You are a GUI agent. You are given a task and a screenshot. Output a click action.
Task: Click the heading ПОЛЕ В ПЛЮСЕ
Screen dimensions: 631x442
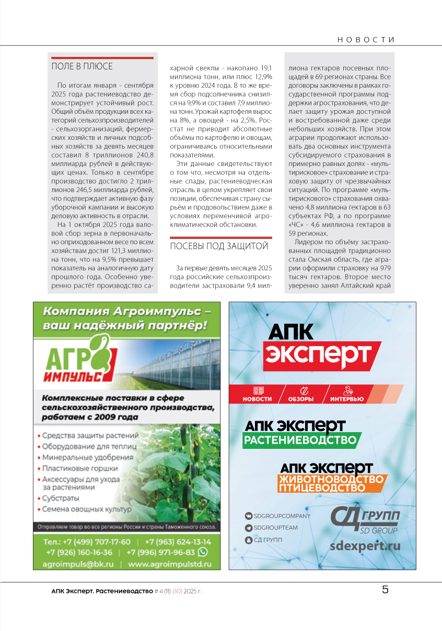tap(82, 66)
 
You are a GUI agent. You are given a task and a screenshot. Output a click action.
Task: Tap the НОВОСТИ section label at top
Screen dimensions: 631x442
tap(365, 40)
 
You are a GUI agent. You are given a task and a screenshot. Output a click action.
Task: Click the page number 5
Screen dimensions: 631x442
tap(385, 590)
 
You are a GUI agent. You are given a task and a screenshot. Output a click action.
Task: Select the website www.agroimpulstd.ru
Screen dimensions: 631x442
tap(170, 564)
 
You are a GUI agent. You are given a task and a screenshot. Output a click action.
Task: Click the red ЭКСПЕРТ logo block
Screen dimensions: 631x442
tap(318, 355)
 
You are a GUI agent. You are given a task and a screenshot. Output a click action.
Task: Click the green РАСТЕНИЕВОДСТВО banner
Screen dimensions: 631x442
tap(301, 440)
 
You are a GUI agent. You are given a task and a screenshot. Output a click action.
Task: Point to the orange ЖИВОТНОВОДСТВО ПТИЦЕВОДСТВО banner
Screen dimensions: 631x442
tap(332, 483)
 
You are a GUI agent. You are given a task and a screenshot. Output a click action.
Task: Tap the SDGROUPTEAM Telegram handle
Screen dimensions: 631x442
tap(275, 528)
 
